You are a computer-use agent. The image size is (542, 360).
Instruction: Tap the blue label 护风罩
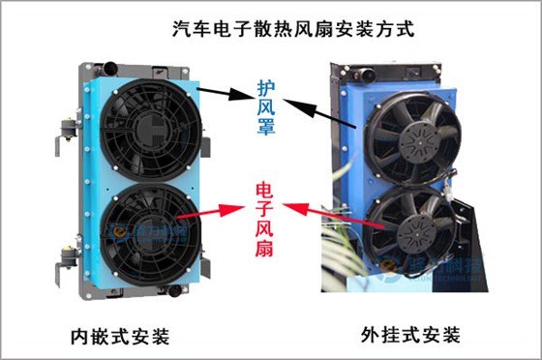(267, 107)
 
